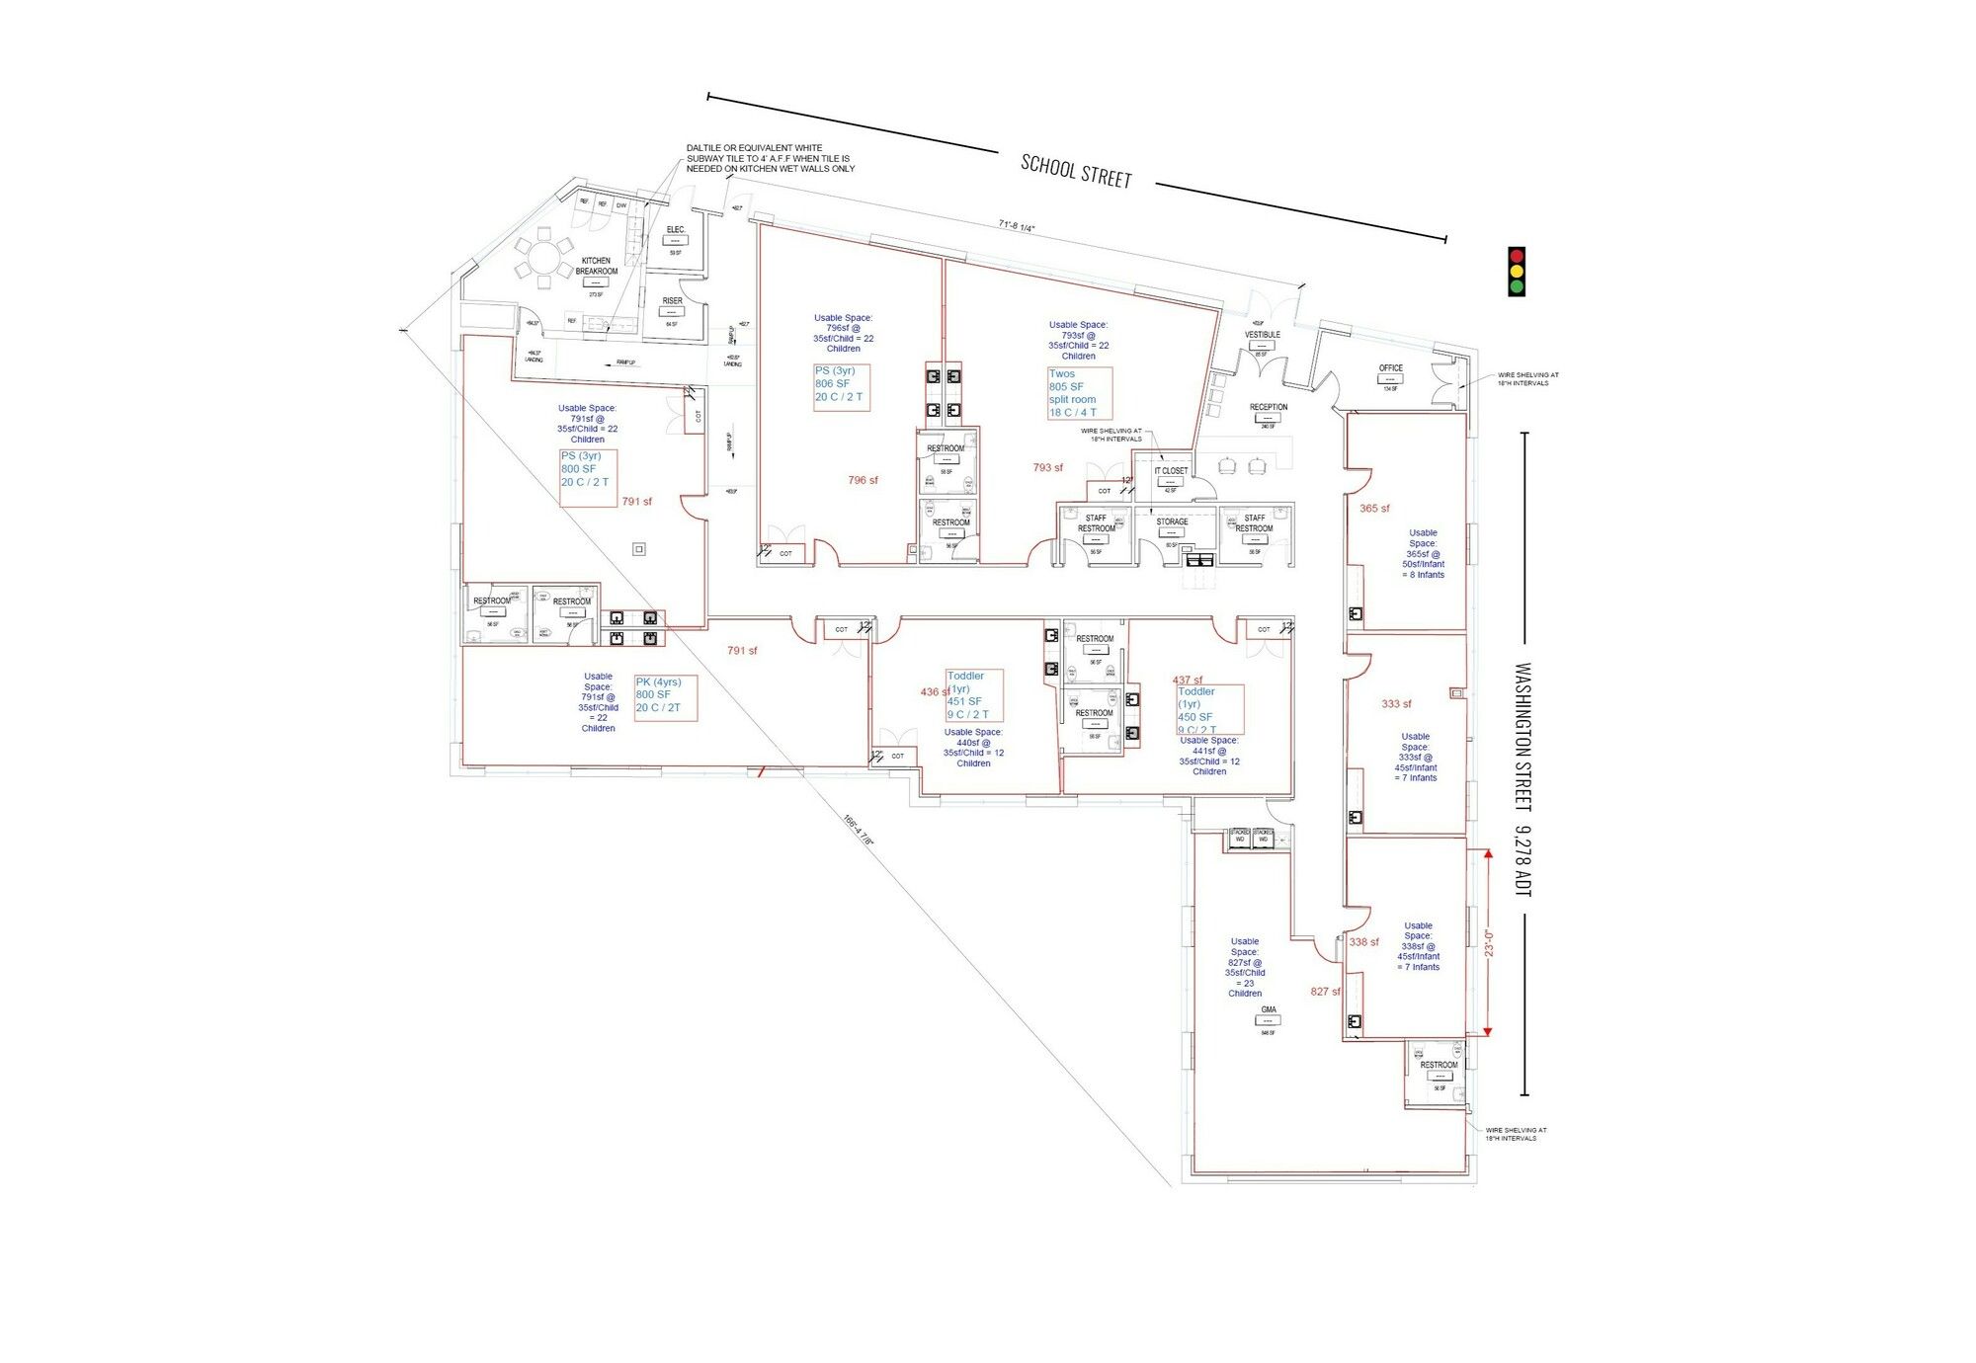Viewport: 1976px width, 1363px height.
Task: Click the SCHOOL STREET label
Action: point(1076,171)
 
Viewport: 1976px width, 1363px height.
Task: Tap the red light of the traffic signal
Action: point(1517,256)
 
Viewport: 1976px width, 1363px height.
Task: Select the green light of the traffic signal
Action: point(1517,287)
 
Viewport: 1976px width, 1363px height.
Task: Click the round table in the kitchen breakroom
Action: point(542,260)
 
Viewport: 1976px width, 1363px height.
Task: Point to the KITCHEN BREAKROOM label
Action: point(596,266)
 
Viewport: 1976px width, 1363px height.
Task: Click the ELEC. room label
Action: point(675,230)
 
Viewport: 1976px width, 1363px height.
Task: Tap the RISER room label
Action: point(673,301)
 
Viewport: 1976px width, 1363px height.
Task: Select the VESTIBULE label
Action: point(1262,335)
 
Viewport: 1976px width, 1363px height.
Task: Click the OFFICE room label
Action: point(1390,368)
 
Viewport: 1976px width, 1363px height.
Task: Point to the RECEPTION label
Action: point(1269,407)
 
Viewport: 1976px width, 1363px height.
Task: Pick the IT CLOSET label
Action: point(1171,471)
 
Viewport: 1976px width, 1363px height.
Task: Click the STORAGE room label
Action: point(1172,521)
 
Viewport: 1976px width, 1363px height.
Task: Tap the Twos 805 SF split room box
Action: point(1080,393)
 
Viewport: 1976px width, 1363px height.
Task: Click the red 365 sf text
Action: point(1374,509)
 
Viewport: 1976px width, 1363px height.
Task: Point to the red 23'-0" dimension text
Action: point(1489,942)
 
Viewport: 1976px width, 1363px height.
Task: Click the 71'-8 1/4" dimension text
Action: point(1016,226)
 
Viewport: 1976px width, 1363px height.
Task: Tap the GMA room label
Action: point(1269,1009)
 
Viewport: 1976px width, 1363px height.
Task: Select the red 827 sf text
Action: point(1326,992)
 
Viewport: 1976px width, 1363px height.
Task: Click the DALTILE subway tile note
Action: point(771,158)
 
